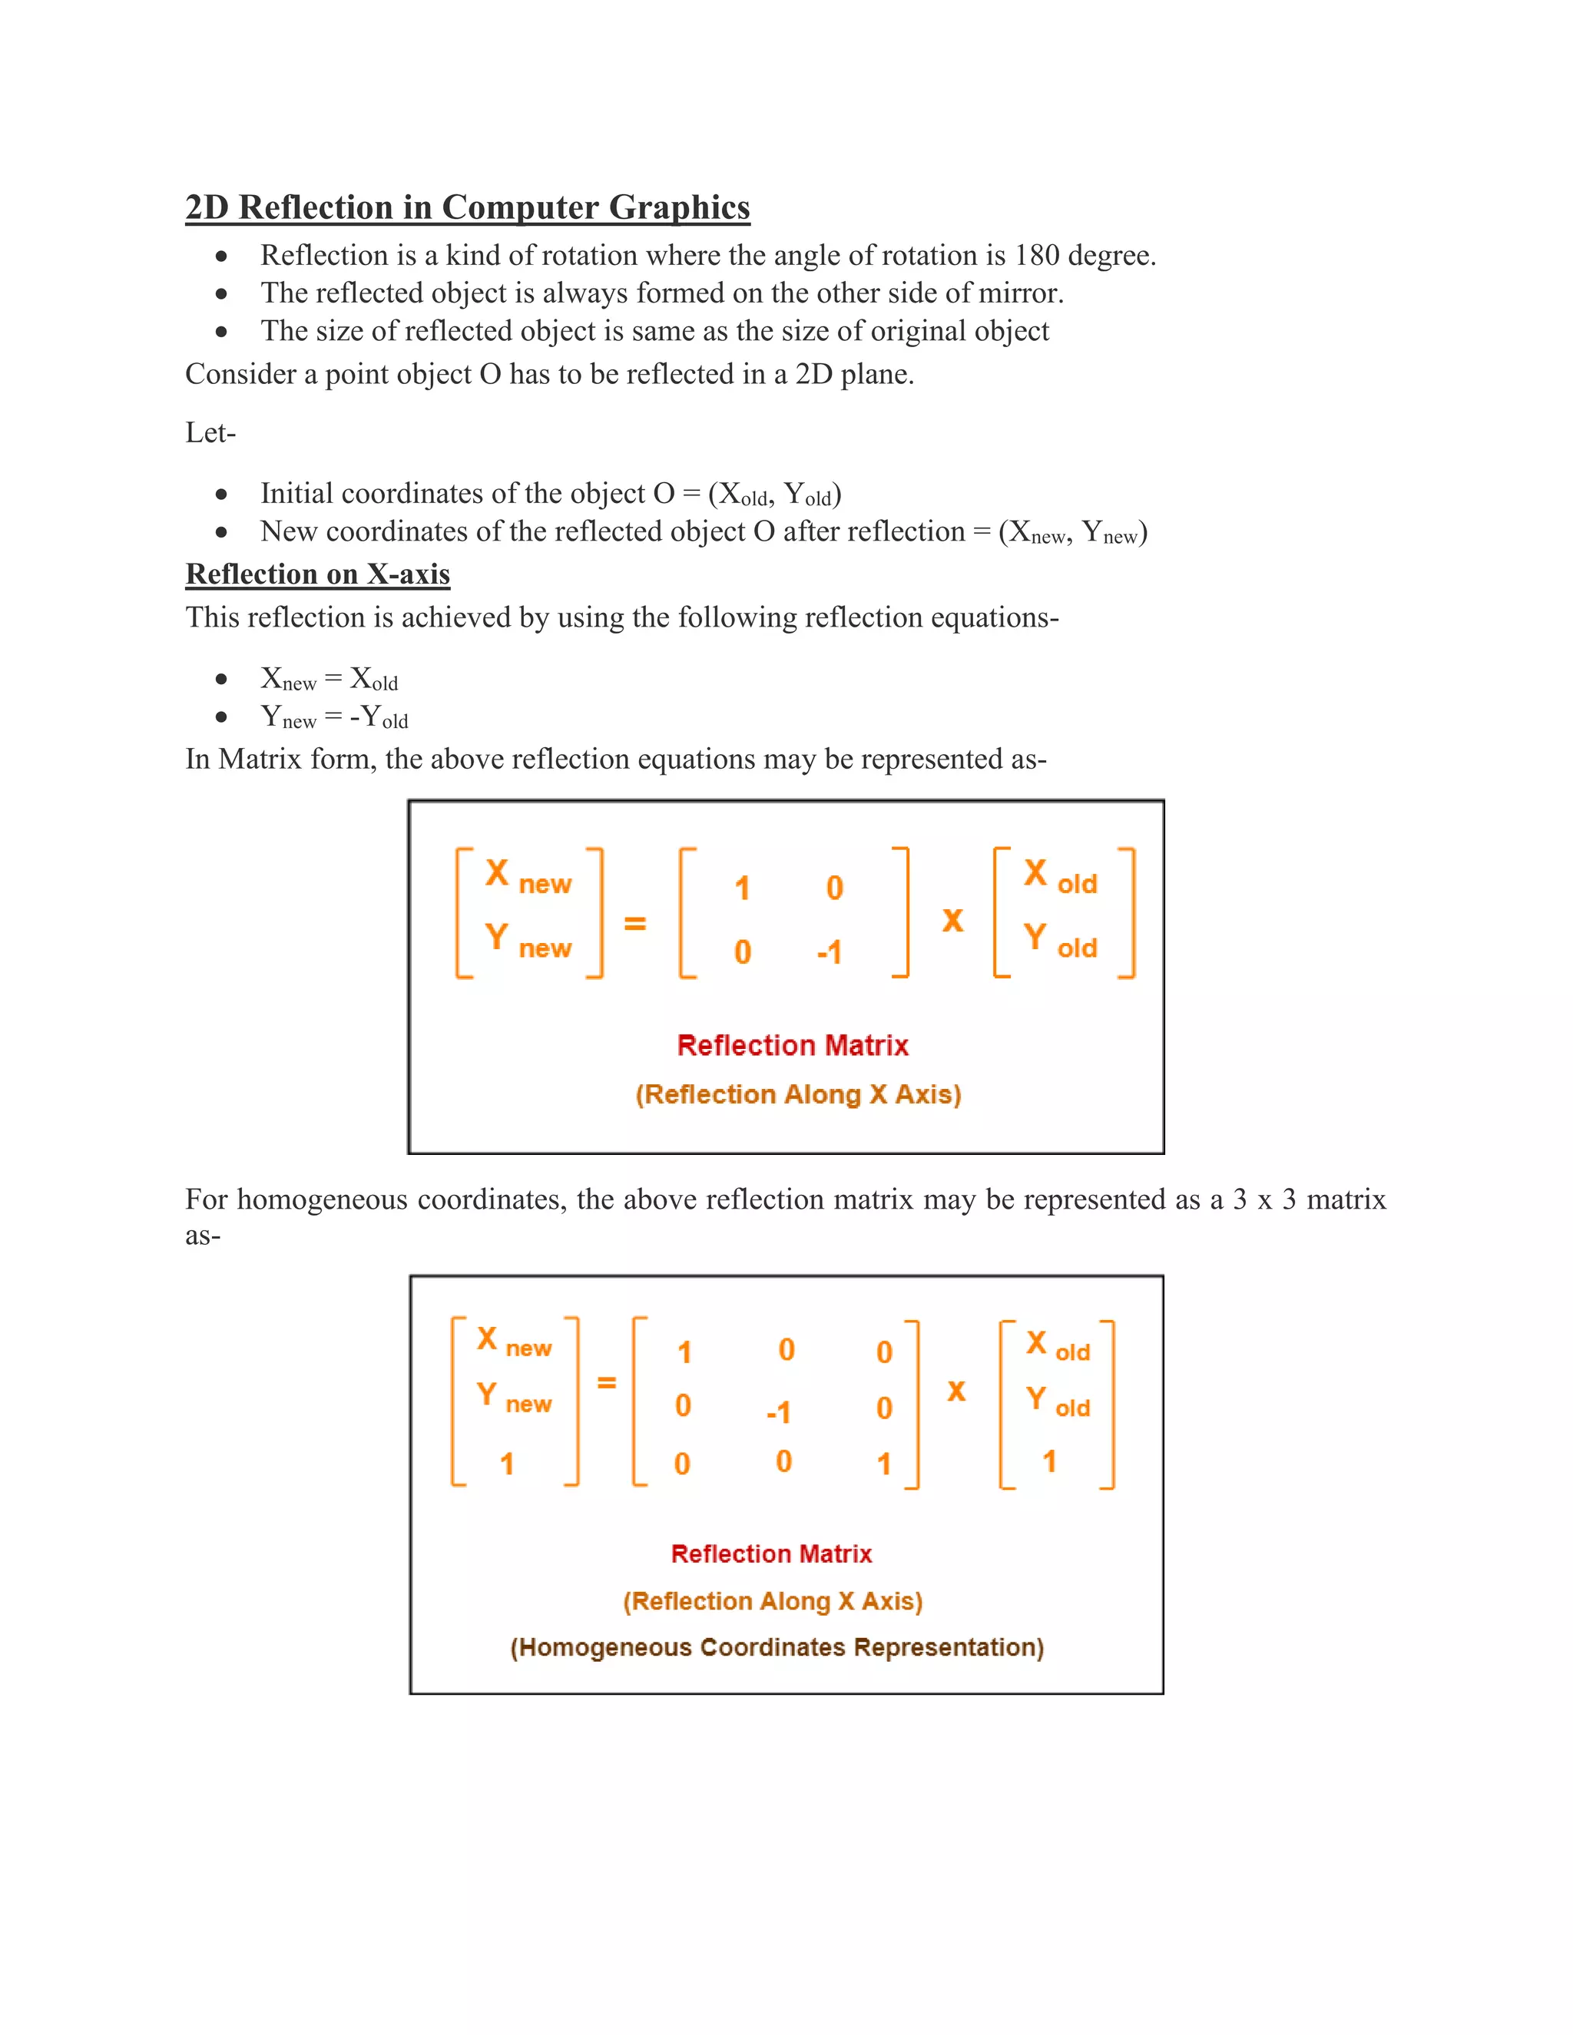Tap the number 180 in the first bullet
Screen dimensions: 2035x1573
(1036, 255)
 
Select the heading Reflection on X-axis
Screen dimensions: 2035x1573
(318, 574)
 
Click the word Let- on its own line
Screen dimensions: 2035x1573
(210, 433)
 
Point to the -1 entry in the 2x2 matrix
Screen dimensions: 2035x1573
(829, 952)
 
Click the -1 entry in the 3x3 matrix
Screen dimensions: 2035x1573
(778, 1411)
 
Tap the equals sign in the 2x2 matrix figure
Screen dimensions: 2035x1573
(634, 923)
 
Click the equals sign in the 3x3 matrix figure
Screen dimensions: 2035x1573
(607, 1383)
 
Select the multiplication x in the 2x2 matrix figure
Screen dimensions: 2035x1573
(952, 921)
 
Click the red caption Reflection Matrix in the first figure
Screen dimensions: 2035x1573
(792, 1045)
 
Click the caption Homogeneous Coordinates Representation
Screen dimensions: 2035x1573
(777, 1647)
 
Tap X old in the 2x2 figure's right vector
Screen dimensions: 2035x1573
(1061, 876)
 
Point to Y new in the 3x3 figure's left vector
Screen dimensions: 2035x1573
(514, 1398)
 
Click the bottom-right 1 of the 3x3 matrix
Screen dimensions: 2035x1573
(883, 1464)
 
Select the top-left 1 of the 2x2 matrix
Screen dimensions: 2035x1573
(742, 888)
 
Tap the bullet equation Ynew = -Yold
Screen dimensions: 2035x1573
(333, 717)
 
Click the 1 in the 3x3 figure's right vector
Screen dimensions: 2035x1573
(1049, 1461)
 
